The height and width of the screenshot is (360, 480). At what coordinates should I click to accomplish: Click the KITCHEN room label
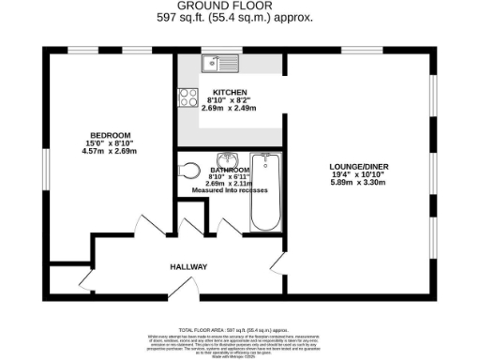pos(231,92)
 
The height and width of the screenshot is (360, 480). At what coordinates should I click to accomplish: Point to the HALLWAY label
pos(187,267)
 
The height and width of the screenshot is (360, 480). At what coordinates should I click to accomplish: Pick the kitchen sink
pos(217,64)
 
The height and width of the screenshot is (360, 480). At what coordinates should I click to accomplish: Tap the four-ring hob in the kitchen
pos(184,97)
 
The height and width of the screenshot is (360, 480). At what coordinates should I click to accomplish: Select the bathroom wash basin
pos(228,159)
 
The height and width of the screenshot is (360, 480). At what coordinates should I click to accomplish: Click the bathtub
pos(267,192)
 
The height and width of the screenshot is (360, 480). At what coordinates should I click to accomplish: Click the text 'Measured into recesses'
pos(230,190)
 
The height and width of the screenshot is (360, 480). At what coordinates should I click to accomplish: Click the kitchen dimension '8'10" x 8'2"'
pos(231,99)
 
